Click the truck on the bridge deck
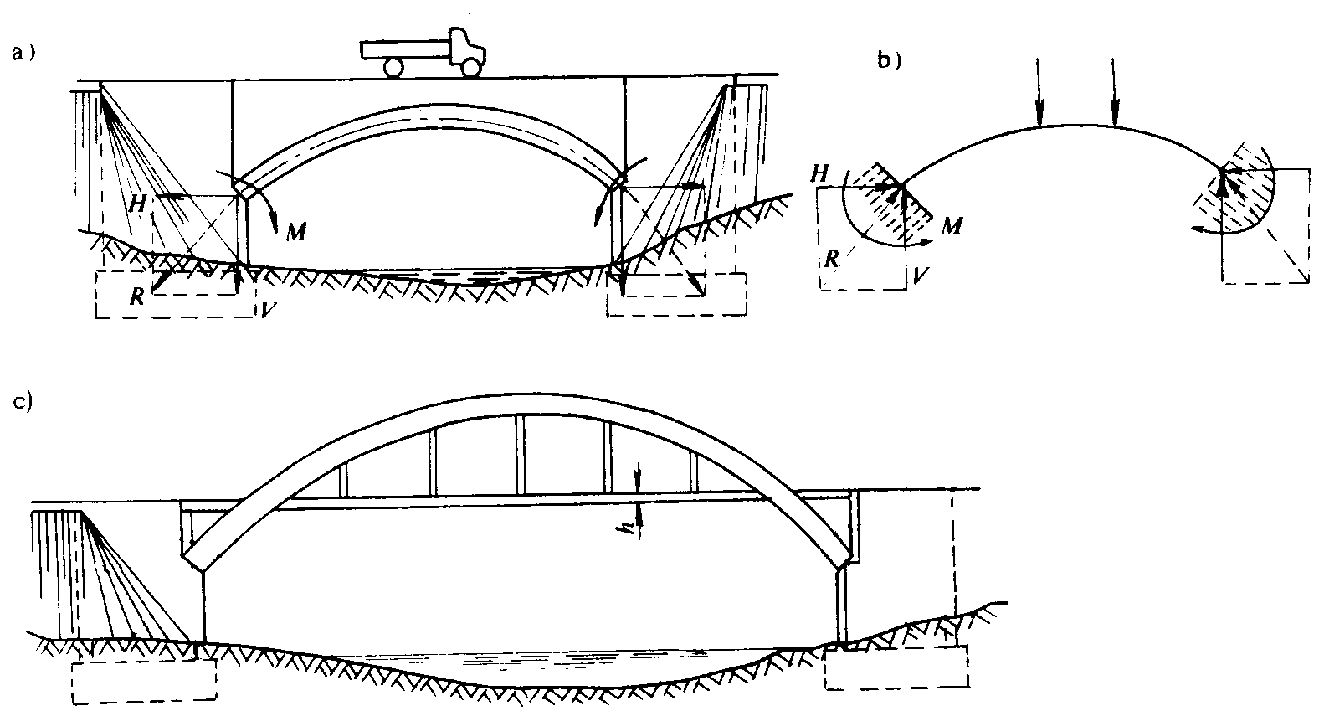(x=426, y=53)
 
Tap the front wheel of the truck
(x=472, y=66)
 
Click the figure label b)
(x=888, y=59)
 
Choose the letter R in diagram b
(x=831, y=258)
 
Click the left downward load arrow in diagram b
(x=1039, y=92)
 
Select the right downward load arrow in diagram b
(x=1113, y=92)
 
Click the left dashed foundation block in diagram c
(x=144, y=679)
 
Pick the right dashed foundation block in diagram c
(x=896, y=667)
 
